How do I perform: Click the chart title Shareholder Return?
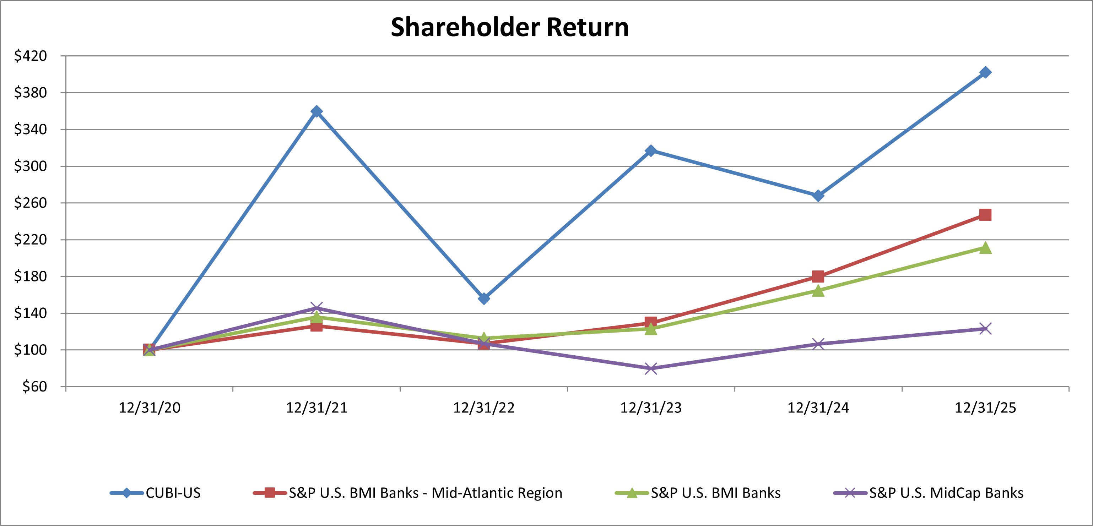point(510,28)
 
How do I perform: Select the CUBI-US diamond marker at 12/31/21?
point(316,111)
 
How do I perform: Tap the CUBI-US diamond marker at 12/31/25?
point(985,72)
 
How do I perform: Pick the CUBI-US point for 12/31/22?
point(484,298)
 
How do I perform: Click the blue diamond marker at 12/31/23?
point(651,150)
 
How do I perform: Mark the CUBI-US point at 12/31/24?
point(818,196)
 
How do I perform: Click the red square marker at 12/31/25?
point(985,215)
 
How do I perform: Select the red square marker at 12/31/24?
point(818,276)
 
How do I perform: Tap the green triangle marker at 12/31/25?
point(985,247)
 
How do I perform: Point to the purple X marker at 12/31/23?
point(651,368)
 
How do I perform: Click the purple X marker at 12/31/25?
point(985,329)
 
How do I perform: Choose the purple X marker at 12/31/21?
point(316,308)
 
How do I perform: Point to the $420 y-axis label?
point(31,55)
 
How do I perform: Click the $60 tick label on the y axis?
point(35,387)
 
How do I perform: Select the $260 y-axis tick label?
point(31,203)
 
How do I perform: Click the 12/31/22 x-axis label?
point(484,408)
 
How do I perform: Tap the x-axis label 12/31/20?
point(149,408)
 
